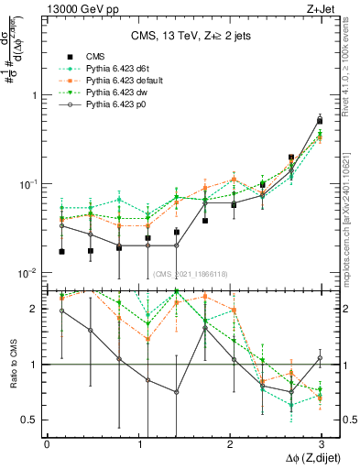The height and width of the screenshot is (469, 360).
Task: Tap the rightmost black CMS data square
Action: pos(320,121)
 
